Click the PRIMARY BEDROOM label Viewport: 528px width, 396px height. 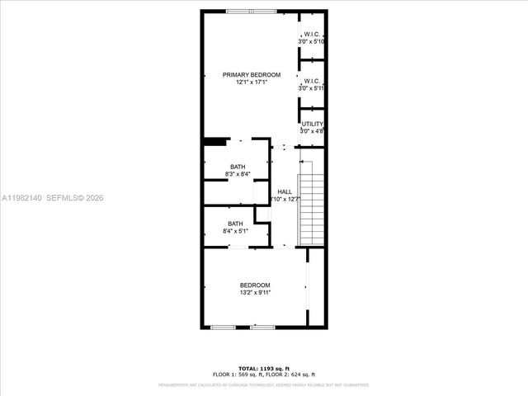[x=252, y=74]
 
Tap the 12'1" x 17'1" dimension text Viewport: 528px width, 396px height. [x=252, y=82]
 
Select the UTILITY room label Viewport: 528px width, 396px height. [x=312, y=124]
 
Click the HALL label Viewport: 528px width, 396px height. [x=285, y=191]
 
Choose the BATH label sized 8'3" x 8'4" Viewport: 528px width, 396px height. [x=237, y=167]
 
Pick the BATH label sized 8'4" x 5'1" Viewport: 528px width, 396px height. [x=236, y=224]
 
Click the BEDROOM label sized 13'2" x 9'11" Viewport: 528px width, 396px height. [x=255, y=285]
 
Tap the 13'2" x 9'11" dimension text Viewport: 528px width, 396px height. [x=255, y=292]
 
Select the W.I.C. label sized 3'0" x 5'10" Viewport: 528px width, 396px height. [x=312, y=34]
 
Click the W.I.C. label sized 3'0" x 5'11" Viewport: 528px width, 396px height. [x=312, y=81]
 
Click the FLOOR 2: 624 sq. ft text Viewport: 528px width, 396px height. [x=290, y=375]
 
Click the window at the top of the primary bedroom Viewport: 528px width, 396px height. [x=240, y=11]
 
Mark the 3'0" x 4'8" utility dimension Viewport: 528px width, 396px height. [x=312, y=130]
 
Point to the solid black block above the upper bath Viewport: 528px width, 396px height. [x=215, y=142]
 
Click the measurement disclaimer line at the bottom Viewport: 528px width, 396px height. [x=263, y=384]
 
